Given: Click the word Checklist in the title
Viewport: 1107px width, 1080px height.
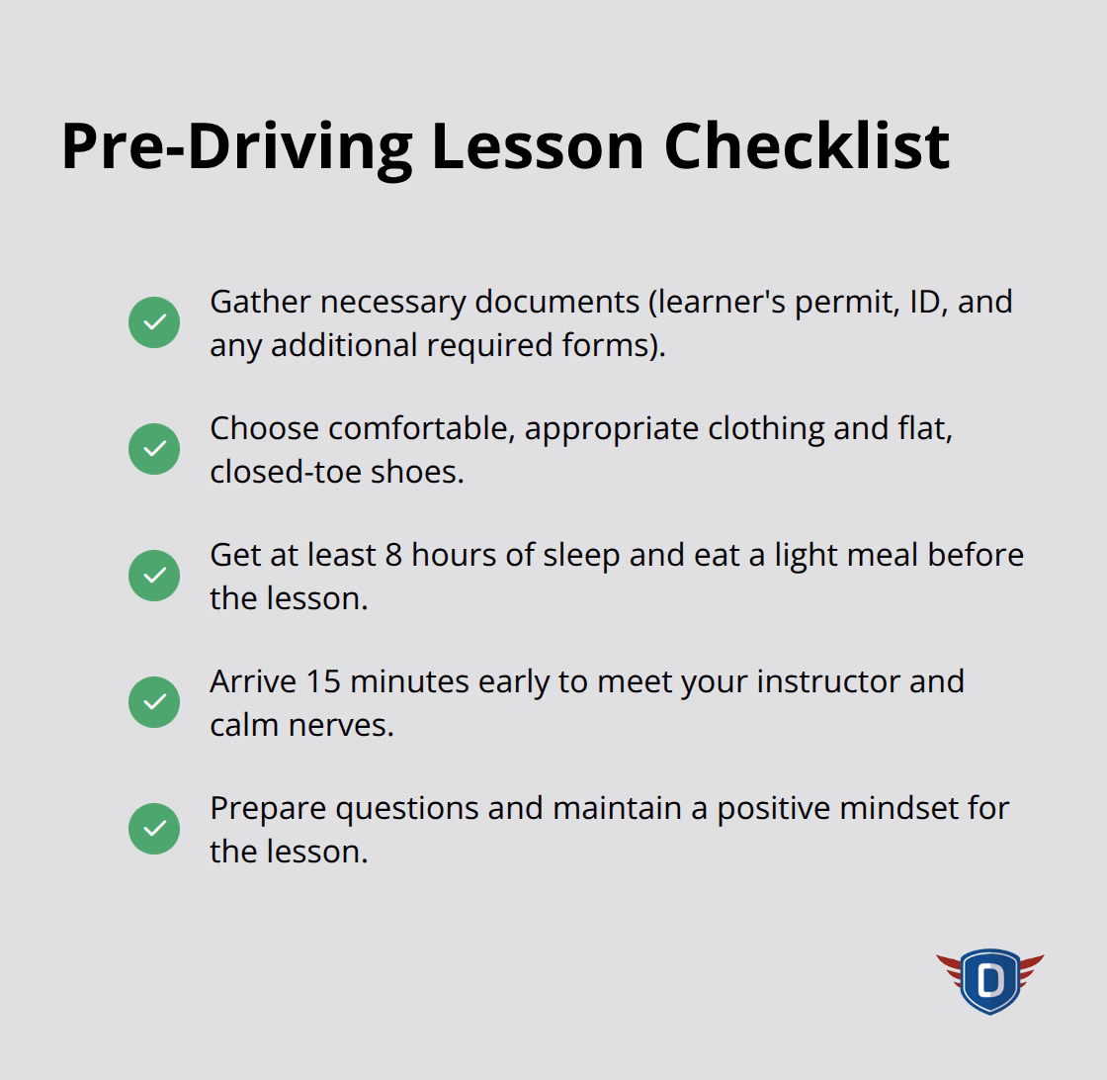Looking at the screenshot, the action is click(x=807, y=146).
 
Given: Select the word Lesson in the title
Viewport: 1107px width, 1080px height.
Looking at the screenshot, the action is click(x=538, y=146).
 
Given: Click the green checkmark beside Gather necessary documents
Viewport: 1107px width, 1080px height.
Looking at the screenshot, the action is click(x=154, y=322).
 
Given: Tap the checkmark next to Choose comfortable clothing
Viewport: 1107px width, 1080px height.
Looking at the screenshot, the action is click(x=154, y=449).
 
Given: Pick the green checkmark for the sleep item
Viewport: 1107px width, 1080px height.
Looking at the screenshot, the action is click(x=154, y=575).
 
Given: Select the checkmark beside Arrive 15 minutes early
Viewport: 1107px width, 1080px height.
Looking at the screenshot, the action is click(x=154, y=701).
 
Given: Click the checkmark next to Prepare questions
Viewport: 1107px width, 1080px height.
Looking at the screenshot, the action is click(x=154, y=829).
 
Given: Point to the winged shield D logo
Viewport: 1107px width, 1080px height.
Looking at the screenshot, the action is click(x=989, y=981).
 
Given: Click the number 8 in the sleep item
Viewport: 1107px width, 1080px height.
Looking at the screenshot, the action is click(x=393, y=555).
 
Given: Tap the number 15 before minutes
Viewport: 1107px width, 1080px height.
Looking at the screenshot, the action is click(x=323, y=681).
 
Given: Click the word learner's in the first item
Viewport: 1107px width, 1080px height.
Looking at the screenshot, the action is click(x=722, y=303).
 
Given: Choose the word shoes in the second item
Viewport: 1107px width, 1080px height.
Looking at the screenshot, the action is click(x=417, y=472).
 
